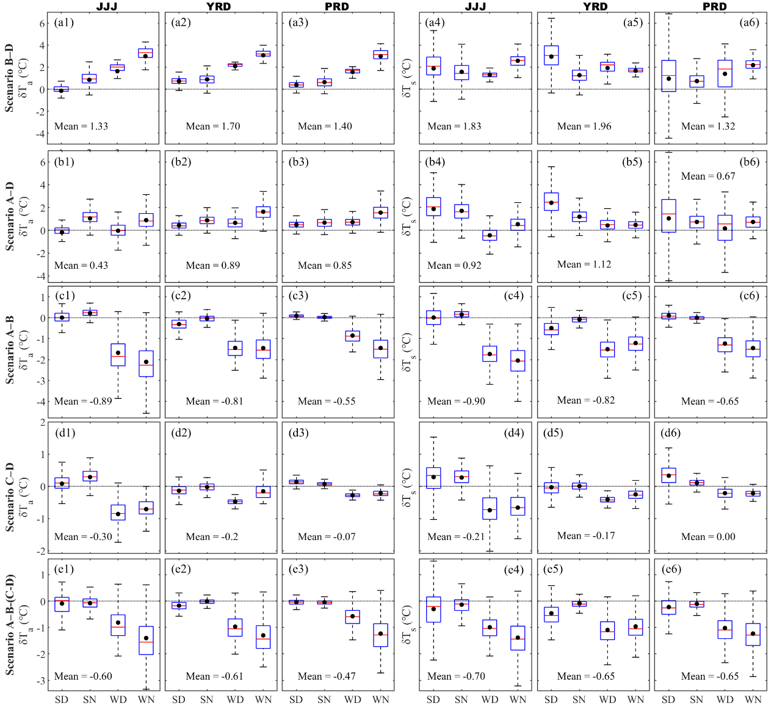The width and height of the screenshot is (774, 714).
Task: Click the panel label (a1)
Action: point(64,23)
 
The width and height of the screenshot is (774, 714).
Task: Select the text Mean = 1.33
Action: point(81,126)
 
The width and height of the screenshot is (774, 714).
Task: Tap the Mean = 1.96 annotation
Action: point(584,126)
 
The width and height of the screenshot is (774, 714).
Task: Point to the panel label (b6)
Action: point(749,162)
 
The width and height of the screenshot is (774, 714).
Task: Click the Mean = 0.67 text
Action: point(708,176)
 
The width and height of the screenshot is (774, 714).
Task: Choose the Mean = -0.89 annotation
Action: point(83,401)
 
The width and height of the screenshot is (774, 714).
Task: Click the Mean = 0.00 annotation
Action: point(708,537)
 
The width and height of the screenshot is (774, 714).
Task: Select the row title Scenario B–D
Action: point(9,78)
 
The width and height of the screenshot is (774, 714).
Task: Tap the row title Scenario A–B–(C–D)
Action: point(9,624)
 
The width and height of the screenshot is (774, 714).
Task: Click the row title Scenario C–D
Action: point(9,497)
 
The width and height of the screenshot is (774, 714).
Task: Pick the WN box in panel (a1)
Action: point(145,53)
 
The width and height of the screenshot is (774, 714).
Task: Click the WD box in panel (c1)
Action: point(118,355)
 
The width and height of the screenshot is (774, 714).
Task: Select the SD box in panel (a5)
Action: point(551,55)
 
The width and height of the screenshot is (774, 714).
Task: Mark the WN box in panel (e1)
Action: point(146,640)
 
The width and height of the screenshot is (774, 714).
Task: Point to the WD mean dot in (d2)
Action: point(235,501)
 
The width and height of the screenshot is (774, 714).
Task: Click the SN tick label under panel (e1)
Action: point(90,699)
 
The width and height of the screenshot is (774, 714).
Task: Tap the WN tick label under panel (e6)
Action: point(753,699)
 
